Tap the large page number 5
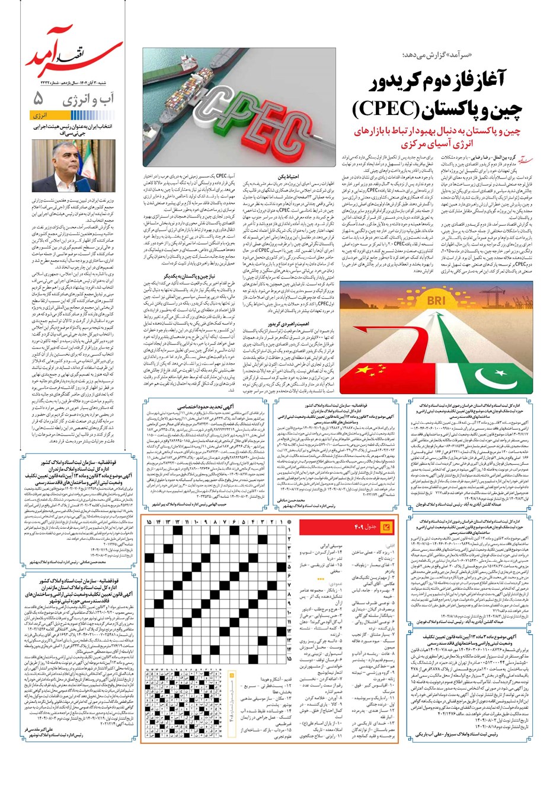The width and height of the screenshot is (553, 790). pyautogui.click(x=39, y=97)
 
